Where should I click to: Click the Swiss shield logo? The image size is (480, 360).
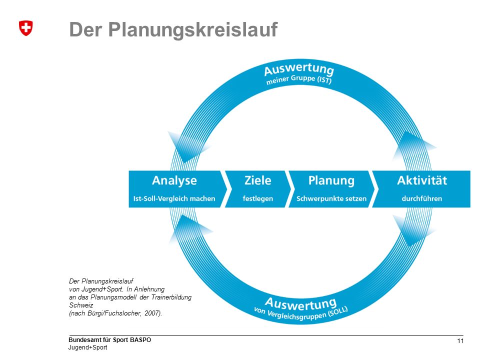click(x=25, y=28)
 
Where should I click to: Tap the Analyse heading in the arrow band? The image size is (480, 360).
click(x=174, y=181)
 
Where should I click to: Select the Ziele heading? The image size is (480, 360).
click(x=258, y=180)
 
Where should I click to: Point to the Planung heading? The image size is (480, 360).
click(x=331, y=181)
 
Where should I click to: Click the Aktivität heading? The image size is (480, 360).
click(x=422, y=180)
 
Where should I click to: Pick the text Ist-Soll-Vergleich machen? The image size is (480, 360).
click(x=174, y=198)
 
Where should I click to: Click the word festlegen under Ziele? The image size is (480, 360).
click(x=258, y=198)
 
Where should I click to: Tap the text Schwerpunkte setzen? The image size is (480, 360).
click(x=331, y=198)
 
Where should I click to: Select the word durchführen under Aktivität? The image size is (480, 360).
click(x=422, y=198)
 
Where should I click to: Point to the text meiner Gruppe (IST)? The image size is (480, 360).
click(x=299, y=79)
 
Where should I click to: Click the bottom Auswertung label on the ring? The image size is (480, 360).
click(x=301, y=303)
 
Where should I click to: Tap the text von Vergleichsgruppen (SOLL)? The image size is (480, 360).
click(x=301, y=313)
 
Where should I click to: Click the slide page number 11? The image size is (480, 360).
click(x=460, y=341)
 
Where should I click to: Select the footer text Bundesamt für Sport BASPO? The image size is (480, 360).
click(x=109, y=340)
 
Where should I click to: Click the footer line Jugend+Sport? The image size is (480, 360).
click(x=87, y=347)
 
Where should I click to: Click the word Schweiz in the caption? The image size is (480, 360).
click(x=81, y=305)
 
